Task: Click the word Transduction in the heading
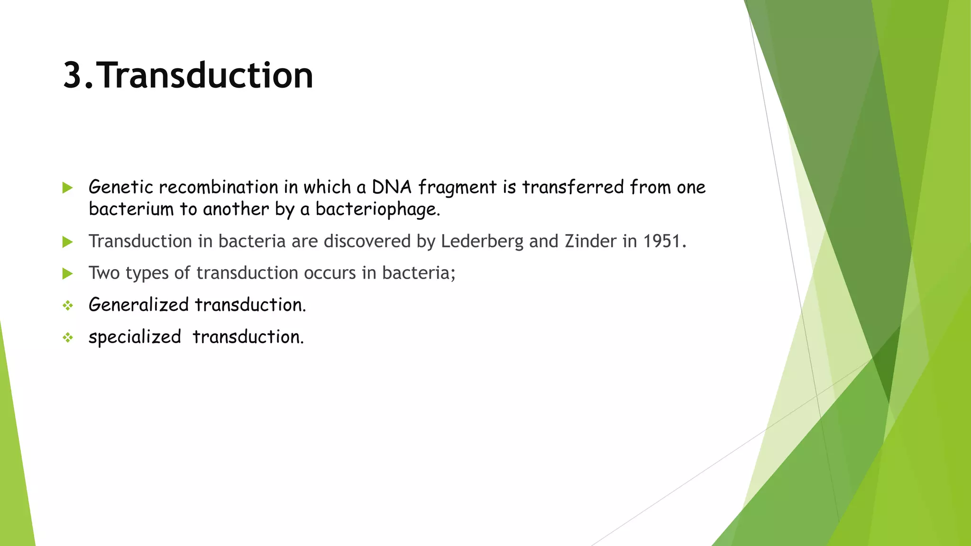click(206, 76)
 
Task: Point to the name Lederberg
click(482, 241)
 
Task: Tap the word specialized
click(135, 337)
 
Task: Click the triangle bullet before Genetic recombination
click(67, 188)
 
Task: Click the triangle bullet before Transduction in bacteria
click(67, 242)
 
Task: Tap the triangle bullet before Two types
click(67, 273)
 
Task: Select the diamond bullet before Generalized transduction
click(68, 306)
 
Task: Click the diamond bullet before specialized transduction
click(68, 337)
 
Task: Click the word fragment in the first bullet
click(457, 187)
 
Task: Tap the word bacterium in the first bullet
click(131, 209)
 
